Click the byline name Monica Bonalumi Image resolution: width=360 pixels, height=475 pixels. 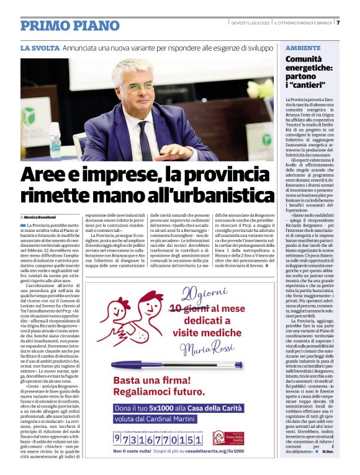43,218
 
